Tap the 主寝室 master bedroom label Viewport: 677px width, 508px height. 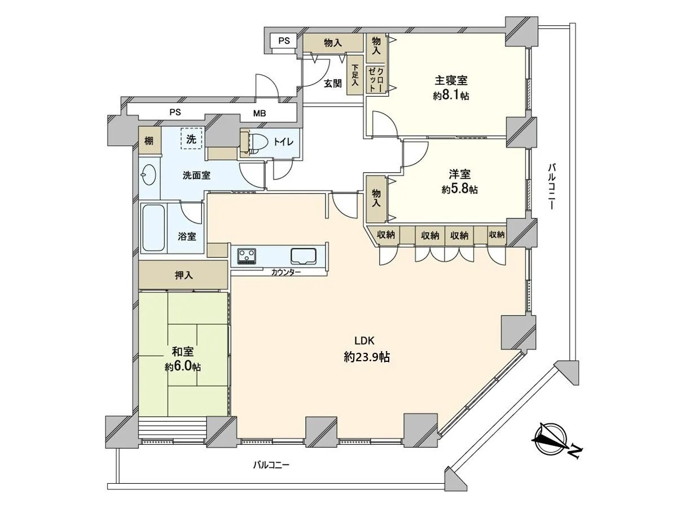click(451, 81)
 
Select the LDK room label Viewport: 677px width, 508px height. click(364, 341)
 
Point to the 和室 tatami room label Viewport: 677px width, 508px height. click(183, 352)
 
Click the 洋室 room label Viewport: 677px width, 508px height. click(459, 174)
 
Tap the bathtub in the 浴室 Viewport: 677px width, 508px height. click(153, 228)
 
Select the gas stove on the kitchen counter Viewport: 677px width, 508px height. click(247, 256)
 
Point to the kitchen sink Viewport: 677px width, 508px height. click(304, 256)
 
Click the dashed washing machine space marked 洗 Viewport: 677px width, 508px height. click(191, 139)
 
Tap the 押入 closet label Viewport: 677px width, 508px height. click(184, 275)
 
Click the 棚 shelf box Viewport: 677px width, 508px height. click(150, 141)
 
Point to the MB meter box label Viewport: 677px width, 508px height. click(260, 113)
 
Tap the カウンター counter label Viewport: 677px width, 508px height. click(285, 273)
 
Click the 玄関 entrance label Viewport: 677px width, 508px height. click(333, 84)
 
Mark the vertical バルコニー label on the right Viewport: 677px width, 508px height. click(551, 187)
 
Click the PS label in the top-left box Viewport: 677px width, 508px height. click(284, 41)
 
